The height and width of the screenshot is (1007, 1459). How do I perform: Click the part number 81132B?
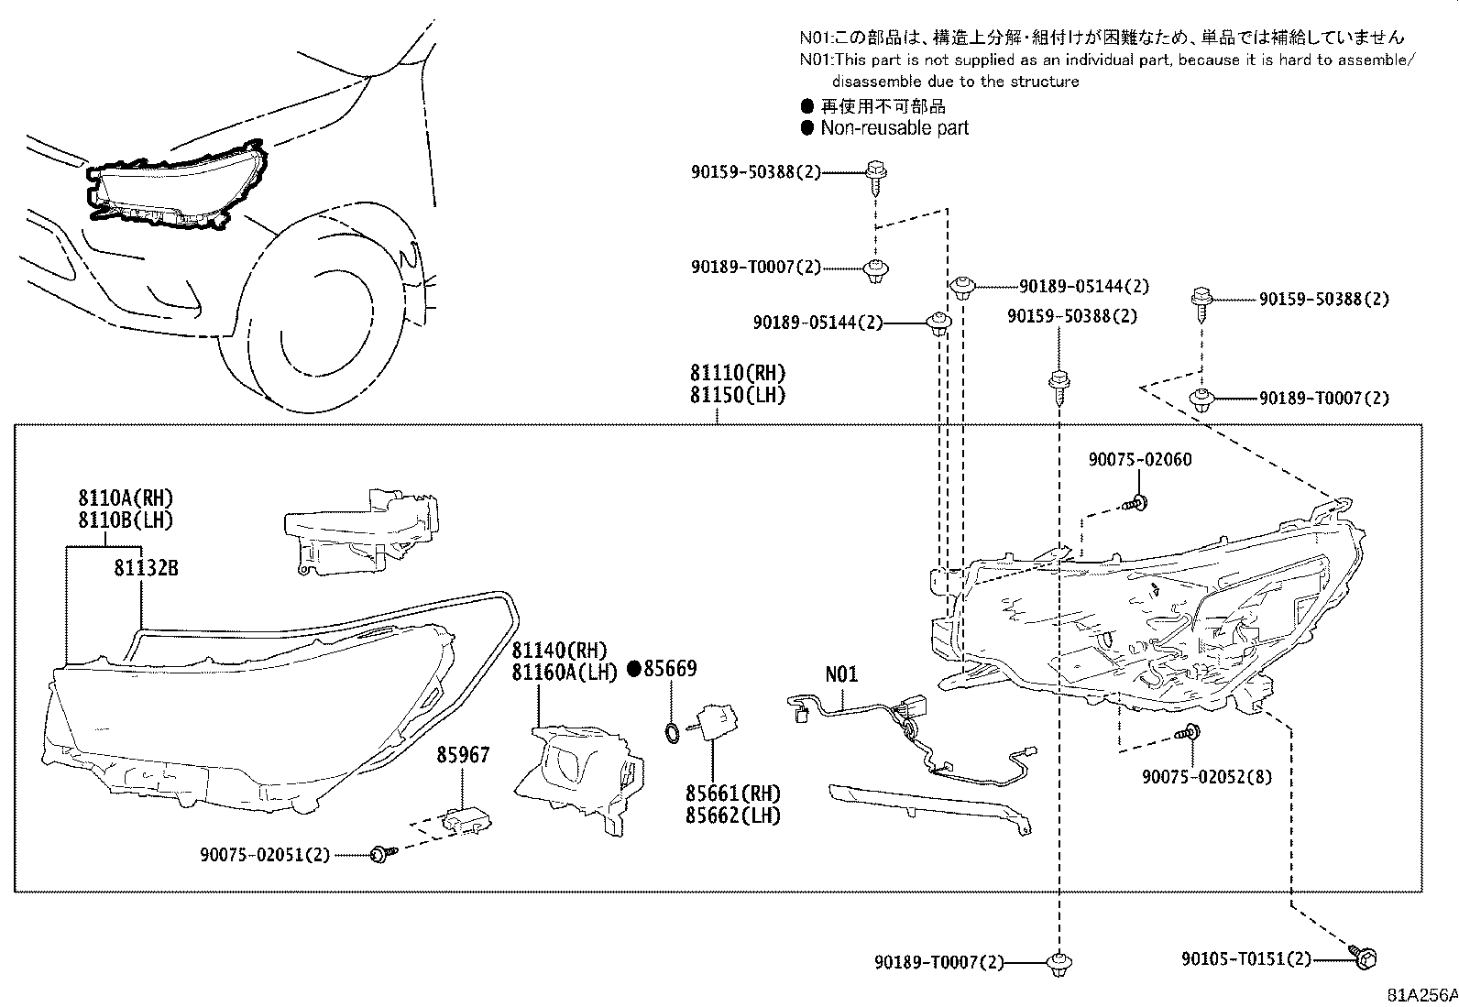146,568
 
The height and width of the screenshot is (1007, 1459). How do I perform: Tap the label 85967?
463,755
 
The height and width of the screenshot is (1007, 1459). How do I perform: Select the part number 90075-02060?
1140,459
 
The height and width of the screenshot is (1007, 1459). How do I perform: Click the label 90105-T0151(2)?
1245,958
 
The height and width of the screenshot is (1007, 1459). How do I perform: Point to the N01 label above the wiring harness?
841,674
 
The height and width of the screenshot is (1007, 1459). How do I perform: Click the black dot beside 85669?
633,669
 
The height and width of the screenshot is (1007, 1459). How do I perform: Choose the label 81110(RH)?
738,373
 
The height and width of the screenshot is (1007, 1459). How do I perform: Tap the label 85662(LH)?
733,815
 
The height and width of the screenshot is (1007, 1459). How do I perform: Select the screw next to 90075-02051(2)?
378,855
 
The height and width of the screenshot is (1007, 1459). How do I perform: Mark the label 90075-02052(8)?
1206,776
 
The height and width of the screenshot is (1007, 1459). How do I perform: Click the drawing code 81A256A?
1421,995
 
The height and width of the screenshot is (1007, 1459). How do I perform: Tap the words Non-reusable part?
894,128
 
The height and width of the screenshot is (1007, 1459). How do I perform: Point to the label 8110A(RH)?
125,498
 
